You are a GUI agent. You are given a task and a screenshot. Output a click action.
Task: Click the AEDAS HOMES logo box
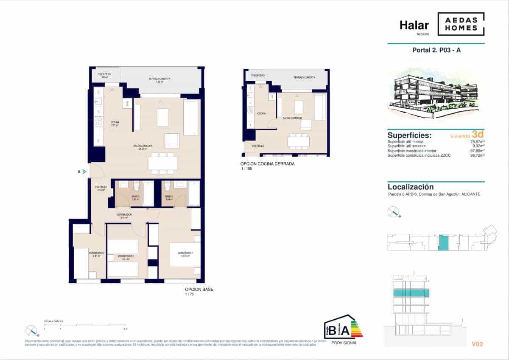(x=461, y=24)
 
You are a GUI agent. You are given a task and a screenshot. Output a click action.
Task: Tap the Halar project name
(x=414, y=25)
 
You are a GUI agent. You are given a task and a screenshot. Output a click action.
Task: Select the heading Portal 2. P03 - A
(x=436, y=50)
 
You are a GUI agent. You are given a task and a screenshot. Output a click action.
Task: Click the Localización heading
(x=411, y=187)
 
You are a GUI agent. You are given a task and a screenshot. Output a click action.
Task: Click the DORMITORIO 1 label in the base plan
(x=185, y=253)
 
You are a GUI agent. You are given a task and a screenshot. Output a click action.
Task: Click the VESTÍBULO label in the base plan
(x=101, y=187)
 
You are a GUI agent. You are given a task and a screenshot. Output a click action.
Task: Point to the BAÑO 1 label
(x=169, y=197)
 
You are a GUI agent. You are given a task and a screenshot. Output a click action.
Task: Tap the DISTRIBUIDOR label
(x=124, y=215)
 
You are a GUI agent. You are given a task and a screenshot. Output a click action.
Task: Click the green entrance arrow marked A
(x=85, y=172)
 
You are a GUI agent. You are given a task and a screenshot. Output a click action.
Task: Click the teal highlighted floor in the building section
(x=411, y=293)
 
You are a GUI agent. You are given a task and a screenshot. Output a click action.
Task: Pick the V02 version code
(x=477, y=344)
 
